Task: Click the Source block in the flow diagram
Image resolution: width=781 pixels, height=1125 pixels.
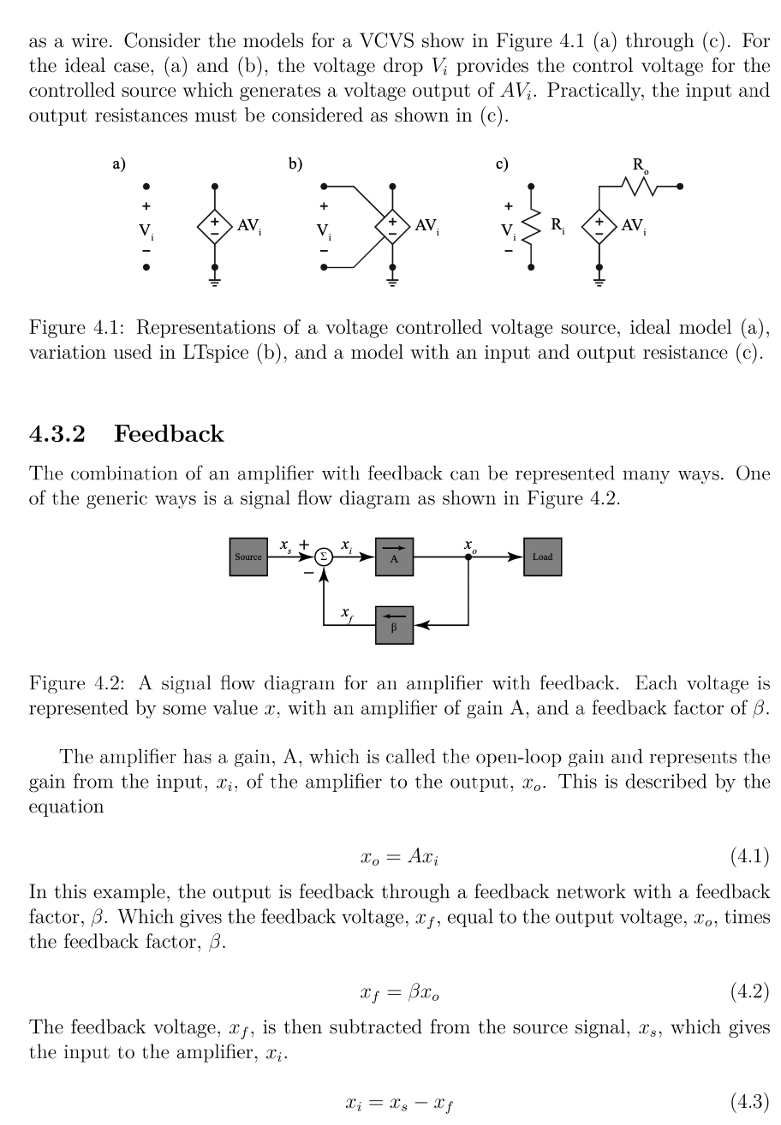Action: (x=248, y=557)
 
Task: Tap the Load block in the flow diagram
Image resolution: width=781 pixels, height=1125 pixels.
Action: (x=542, y=557)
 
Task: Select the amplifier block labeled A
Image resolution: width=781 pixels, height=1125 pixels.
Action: (x=394, y=557)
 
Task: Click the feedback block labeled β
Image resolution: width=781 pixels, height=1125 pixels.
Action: (x=394, y=625)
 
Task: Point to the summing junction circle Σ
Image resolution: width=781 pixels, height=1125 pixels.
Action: (x=324, y=557)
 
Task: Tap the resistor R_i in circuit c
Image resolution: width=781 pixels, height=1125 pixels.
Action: (x=532, y=226)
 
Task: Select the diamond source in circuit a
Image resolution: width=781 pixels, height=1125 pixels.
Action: (x=214, y=226)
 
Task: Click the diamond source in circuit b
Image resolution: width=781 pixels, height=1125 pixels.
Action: (x=392, y=226)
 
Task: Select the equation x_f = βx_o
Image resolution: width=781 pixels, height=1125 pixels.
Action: (x=401, y=993)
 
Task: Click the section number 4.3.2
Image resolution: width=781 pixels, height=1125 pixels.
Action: (x=57, y=434)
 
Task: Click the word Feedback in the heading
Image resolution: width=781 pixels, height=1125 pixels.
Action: (x=169, y=434)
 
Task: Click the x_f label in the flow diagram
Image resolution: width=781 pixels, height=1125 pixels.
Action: (x=346, y=613)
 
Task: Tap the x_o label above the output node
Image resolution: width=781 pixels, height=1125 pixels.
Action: (x=468, y=545)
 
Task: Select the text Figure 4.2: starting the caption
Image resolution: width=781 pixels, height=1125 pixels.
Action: (x=79, y=683)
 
